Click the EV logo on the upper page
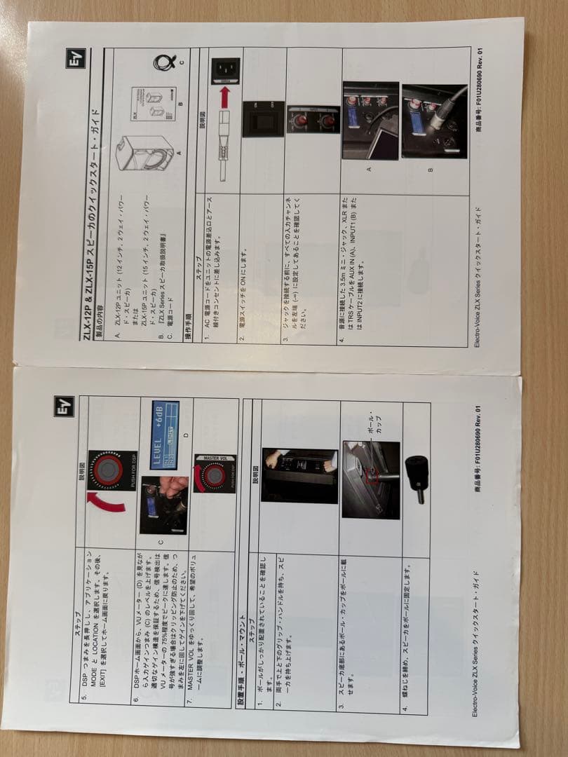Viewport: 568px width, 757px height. [x=76, y=57]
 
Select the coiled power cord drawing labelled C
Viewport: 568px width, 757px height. [x=164, y=64]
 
